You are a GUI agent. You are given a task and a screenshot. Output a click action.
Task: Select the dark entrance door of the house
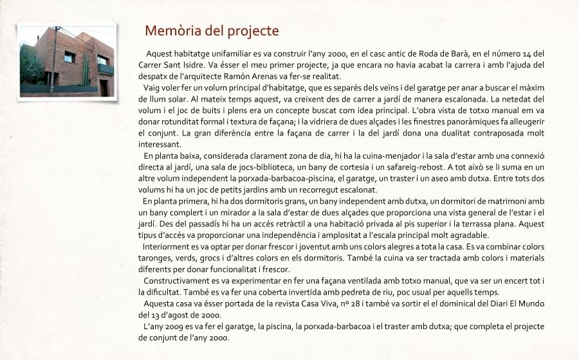point(104,87)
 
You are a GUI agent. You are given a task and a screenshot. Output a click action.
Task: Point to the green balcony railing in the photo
point(106,69)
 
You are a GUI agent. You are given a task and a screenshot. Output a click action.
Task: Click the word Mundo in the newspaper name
point(531,303)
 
